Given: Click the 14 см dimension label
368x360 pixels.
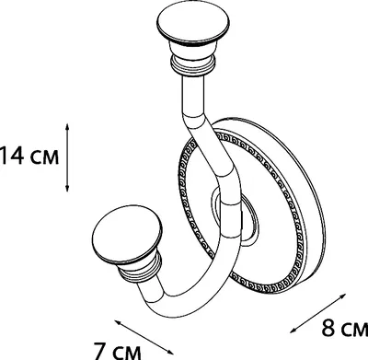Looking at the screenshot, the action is tap(29, 157).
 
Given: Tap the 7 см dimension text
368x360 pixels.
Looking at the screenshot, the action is tap(117, 350).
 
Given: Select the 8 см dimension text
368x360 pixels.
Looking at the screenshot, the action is tap(344, 329).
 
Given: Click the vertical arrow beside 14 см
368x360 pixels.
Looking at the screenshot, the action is tap(67, 157).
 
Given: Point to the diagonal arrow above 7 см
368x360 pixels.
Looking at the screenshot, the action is tap(144, 337).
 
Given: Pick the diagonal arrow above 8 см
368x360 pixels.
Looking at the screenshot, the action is tap(317, 313).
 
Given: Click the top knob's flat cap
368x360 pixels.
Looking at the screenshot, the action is tap(193, 25).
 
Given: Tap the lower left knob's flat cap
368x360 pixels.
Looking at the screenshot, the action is tap(127, 234).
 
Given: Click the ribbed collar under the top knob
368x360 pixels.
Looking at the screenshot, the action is tap(193, 64).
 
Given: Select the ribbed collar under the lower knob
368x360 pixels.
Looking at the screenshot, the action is tap(141, 266).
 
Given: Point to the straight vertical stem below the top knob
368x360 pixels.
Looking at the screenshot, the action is tap(193, 95).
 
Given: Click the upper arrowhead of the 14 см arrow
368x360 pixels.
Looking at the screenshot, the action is tap(67, 126).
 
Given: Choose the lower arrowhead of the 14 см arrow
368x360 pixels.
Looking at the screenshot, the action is tap(67, 189).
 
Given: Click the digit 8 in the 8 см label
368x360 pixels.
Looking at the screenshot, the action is tap(328, 328).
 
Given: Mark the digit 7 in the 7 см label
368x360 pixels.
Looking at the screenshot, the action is tap(100, 350).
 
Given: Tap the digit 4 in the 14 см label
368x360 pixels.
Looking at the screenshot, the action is tap(17, 157).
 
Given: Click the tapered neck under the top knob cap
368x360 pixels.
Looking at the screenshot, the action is tap(193, 49).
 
